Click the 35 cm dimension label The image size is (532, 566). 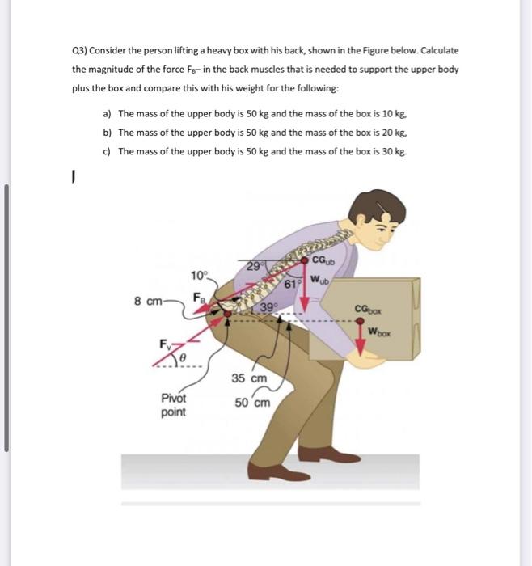(x=248, y=378)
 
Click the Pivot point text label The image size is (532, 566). (x=173, y=404)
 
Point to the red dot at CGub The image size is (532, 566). (x=305, y=260)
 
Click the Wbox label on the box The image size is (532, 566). (x=381, y=330)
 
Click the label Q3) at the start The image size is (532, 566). (x=82, y=50)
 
